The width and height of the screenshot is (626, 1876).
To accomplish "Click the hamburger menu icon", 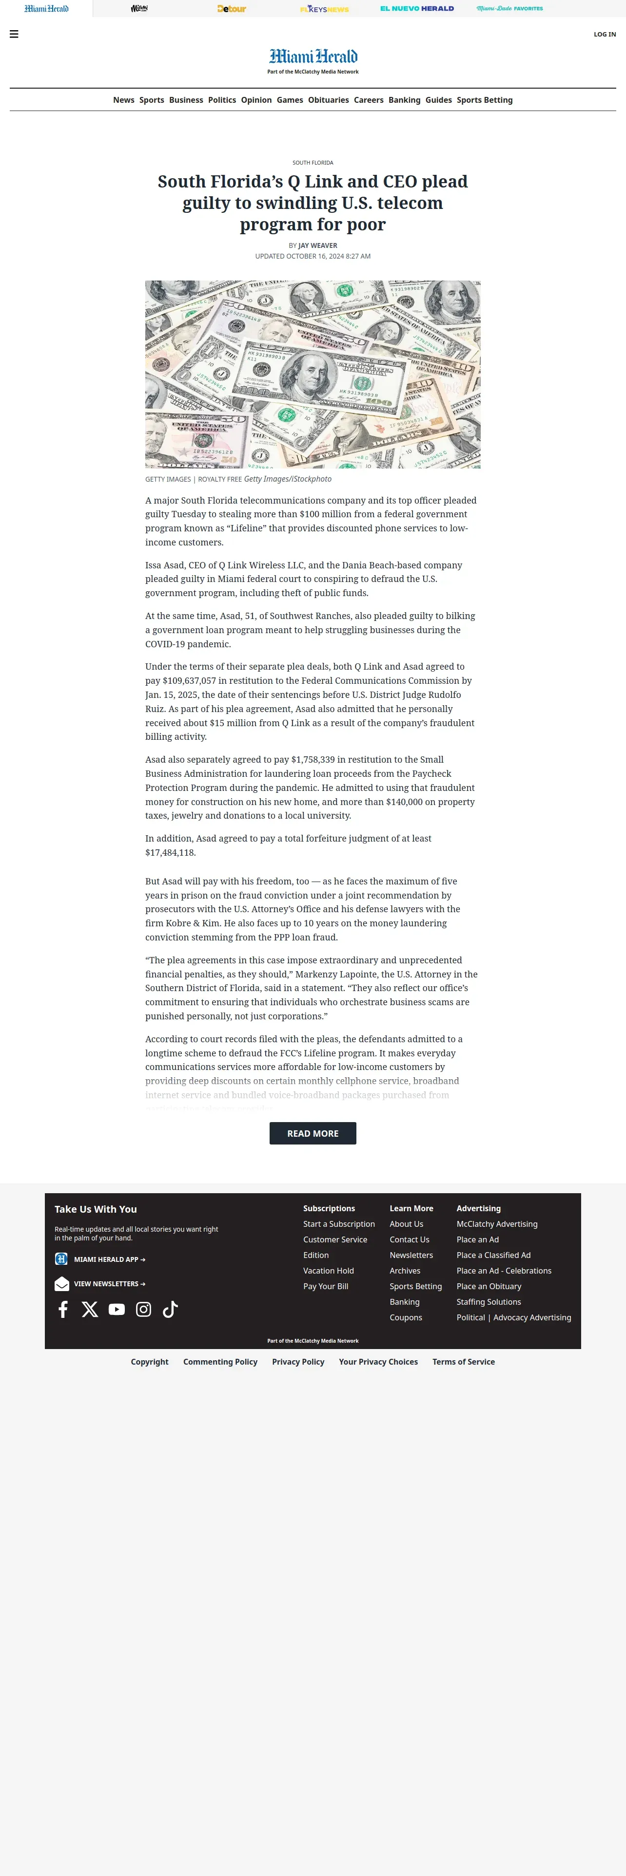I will pyautogui.click(x=14, y=34).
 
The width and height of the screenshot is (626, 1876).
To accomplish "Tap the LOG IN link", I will pyautogui.click(x=604, y=34).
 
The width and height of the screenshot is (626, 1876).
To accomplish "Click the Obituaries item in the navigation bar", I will pyautogui.click(x=328, y=100).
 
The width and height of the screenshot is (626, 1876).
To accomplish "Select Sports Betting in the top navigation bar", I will pyautogui.click(x=485, y=100).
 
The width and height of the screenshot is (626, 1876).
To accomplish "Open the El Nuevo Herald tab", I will pyautogui.click(x=417, y=9).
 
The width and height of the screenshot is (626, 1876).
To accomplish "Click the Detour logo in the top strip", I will pyautogui.click(x=232, y=9).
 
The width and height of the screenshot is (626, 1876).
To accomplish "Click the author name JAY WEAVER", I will pyautogui.click(x=318, y=245).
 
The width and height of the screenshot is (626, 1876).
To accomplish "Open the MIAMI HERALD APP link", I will pyautogui.click(x=109, y=1259).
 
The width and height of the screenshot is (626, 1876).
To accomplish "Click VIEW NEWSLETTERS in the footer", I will pyautogui.click(x=109, y=1283).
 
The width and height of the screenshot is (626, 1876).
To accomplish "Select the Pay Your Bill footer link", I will pyautogui.click(x=326, y=1286).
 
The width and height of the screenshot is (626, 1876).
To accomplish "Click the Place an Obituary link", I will pyautogui.click(x=489, y=1286).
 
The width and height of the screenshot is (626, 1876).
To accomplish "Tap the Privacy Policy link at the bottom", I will pyautogui.click(x=298, y=1361).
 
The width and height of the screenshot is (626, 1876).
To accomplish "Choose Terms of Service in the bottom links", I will pyautogui.click(x=464, y=1361).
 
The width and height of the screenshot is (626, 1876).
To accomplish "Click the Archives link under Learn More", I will pyautogui.click(x=405, y=1270).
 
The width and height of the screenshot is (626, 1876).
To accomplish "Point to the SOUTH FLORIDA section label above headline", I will pyautogui.click(x=313, y=162).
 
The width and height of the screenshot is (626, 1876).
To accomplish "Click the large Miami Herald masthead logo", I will pyautogui.click(x=313, y=57).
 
